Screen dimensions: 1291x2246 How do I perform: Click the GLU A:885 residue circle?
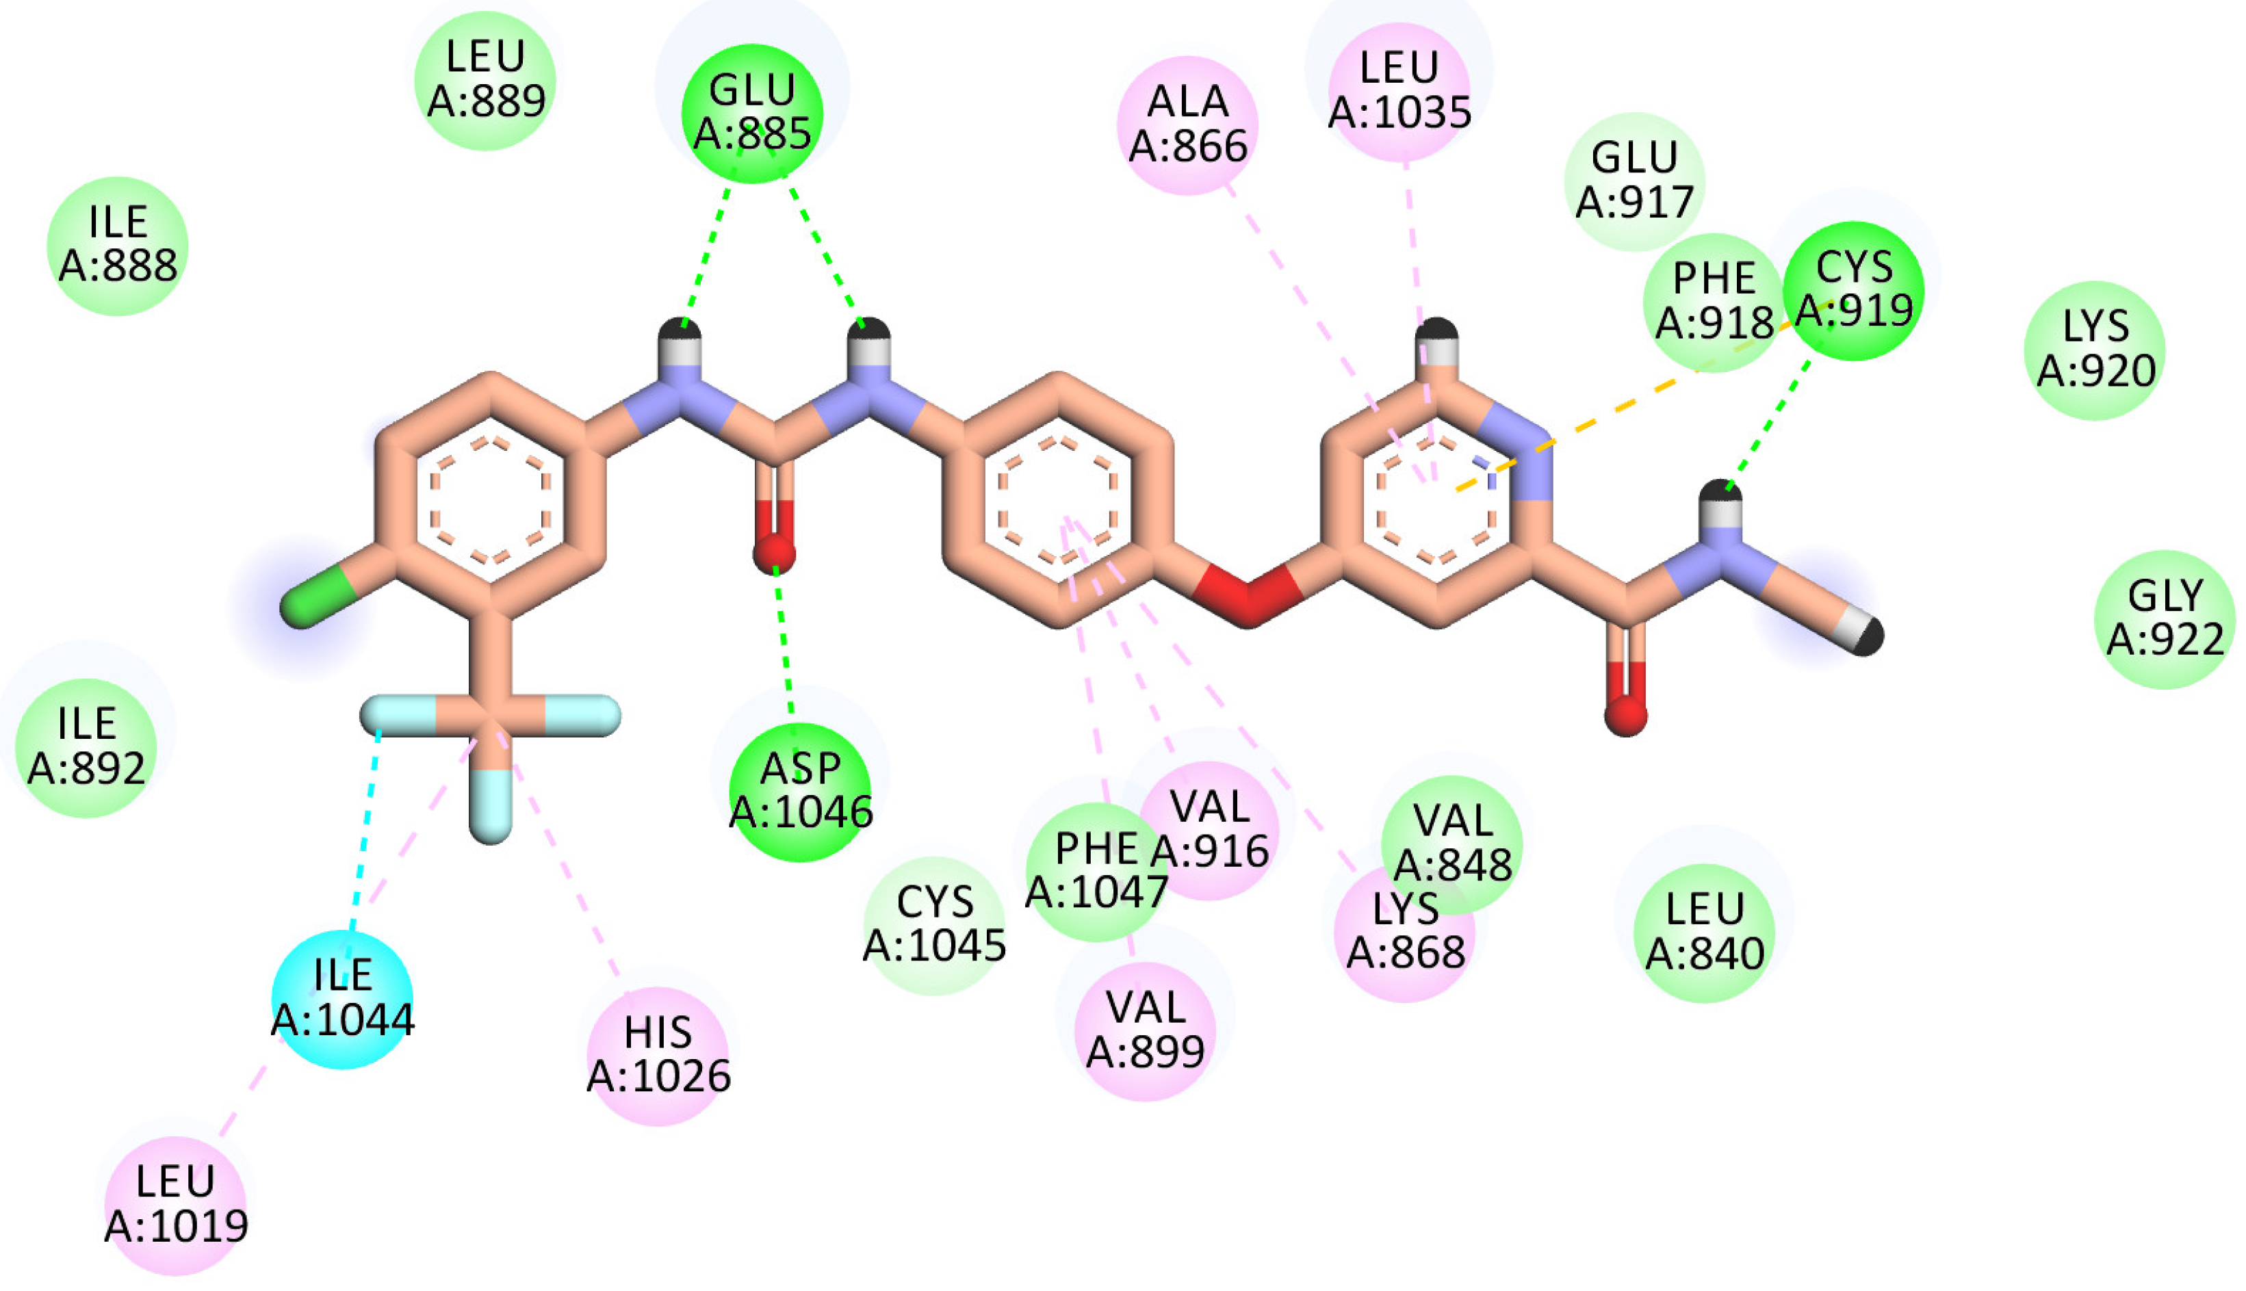[752, 114]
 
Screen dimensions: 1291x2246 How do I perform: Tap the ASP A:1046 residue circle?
[800, 791]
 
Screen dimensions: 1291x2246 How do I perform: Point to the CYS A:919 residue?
[1853, 290]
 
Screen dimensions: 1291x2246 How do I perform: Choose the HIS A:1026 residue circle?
[658, 1055]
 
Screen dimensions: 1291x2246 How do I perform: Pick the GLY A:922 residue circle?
[2165, 619]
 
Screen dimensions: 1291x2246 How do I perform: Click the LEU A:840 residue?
[1703, 932]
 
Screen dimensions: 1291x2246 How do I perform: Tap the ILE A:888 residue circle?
[117, 246]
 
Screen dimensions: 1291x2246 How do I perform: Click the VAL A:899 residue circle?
[1145, 1030]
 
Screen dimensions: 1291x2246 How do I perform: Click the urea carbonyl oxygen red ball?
[774, 551]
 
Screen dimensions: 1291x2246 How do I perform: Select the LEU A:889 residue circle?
[485, 80]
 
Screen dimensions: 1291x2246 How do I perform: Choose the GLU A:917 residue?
[1634, 181]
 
